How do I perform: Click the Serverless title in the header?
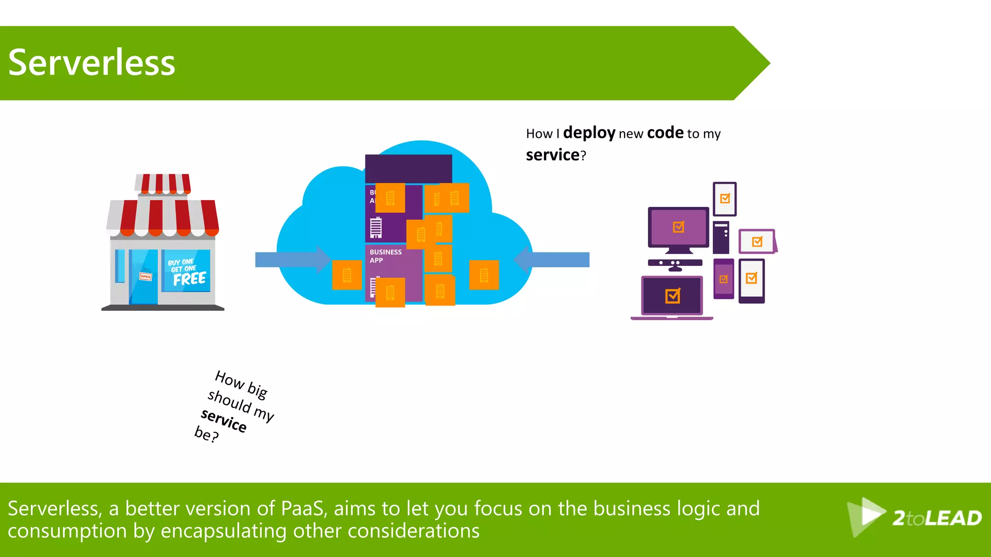point(91,63)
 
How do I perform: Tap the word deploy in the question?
point(589,132)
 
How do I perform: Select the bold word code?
point(665,132)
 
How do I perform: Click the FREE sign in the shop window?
point(189,279)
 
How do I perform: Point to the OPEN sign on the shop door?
point(146,277)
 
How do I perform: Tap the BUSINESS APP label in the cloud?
point(385,256)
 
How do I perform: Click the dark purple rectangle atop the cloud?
point(408,168)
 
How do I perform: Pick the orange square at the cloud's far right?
point(484,275)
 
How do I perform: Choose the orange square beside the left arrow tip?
point(347,275)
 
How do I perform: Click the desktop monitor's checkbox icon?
point(678,227)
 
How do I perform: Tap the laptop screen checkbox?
point(673,295)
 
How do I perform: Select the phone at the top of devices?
point(724,199)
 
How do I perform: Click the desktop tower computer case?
point(721,237)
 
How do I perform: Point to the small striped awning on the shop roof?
point(163,184)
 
